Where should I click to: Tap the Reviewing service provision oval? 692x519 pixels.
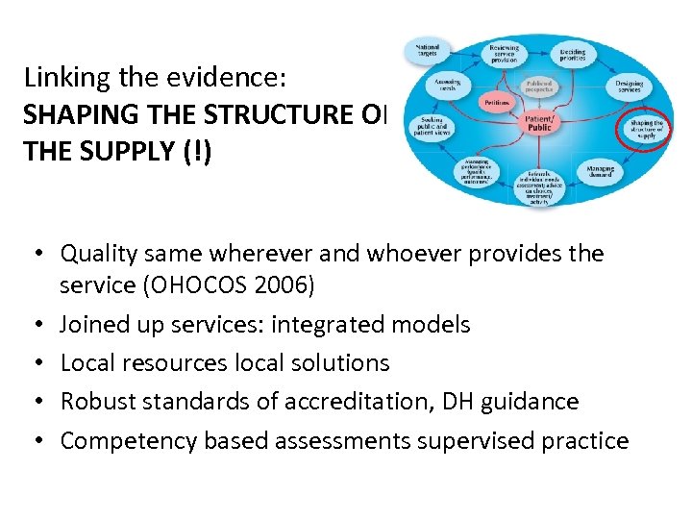click(504, 52)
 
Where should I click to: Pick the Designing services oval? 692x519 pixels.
click(630, 87)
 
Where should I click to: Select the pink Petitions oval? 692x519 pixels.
click(468, 102)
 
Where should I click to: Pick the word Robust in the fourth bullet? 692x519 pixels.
click(94, 402)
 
